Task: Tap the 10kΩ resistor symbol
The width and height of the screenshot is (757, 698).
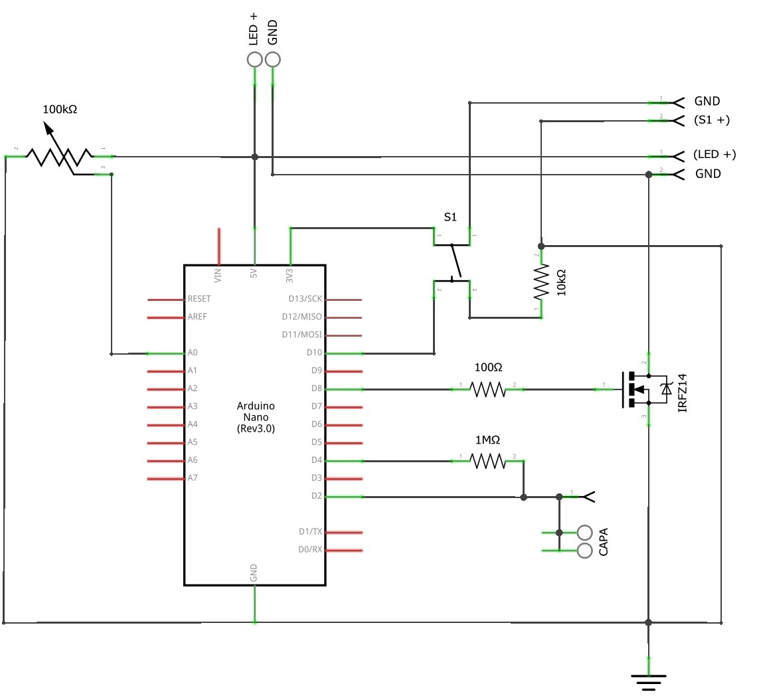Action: (541, 282)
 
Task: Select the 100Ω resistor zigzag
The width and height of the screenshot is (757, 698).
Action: (487, 389)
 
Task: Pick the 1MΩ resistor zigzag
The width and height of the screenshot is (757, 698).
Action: (487, 461)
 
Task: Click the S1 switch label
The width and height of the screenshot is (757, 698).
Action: (450, 217)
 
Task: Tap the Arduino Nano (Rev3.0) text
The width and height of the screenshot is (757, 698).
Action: (256, 417)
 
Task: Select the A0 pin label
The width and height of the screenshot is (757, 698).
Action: (193, 353)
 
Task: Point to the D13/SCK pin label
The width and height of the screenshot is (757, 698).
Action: (305, 299)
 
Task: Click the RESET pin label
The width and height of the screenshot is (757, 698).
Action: (199, 299)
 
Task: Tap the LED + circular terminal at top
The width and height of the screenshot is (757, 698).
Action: (254, 60)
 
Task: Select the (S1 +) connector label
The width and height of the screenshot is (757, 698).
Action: (711, 120)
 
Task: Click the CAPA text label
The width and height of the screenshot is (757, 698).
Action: (604, 541)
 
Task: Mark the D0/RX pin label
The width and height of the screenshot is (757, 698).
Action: (310, 549)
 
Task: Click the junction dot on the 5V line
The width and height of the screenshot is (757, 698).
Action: (254, 157)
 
